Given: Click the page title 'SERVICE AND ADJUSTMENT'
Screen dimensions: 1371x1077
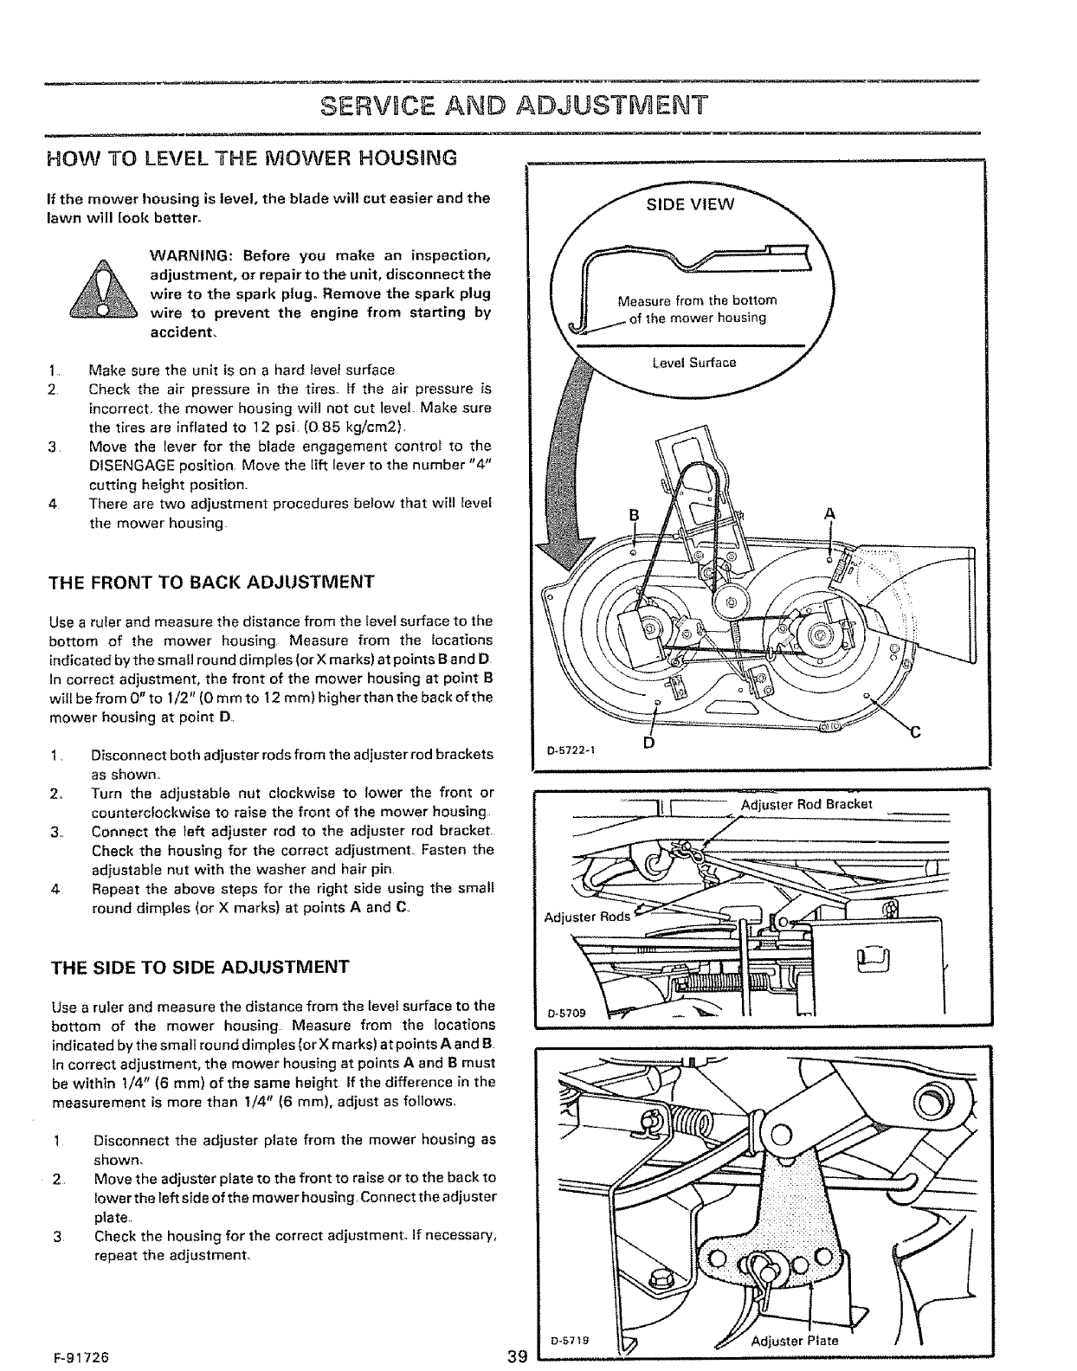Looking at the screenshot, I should (x=514, y=106).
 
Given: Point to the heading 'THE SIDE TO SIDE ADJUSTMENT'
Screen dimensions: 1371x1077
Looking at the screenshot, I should (x=201, y=966).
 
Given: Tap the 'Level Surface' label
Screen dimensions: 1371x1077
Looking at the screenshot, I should (x=694, y=362).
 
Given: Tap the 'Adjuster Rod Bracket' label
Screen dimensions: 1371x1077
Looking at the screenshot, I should (x=807, y=803).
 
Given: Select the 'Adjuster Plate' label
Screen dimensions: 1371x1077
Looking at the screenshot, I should (x=794, y=1341).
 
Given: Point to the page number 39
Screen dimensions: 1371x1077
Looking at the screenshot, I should (x=519, y=1356).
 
